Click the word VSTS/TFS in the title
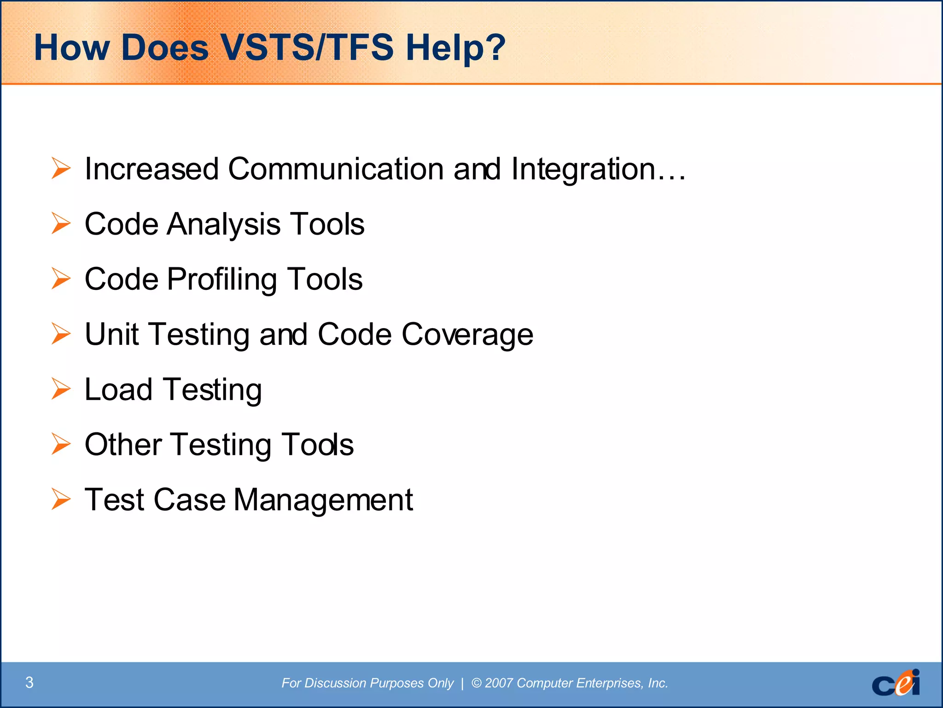point(307,47)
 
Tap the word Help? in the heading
point(455,48)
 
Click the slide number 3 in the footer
point(29,682)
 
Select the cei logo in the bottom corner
point(896,683)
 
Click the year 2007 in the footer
point(499,683)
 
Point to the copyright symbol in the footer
point(477,683)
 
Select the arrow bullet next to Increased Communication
point(61,168)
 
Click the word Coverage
point(467,335)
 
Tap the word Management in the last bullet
point(323,500)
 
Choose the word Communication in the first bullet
point(336,169)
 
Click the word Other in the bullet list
point(123,445)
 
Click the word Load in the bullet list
point(118,389)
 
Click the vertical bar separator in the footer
point(462,683)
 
